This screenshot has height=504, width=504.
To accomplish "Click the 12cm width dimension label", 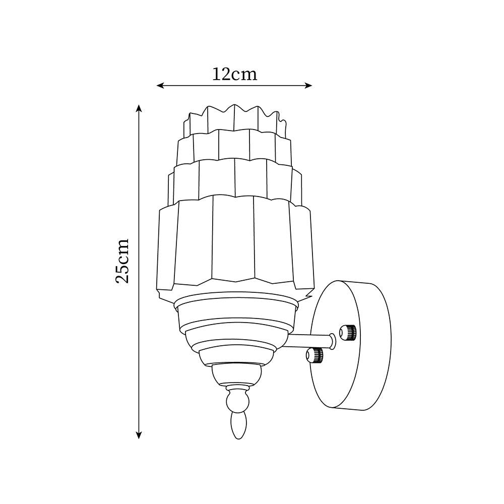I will (234, 74).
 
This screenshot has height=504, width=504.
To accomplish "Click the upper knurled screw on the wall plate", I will (348, 332).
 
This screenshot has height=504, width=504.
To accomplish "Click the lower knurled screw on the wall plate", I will (315, 355).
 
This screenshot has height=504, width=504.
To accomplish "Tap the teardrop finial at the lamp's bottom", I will (237, 424).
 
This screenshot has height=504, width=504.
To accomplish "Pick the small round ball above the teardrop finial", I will (237, 402).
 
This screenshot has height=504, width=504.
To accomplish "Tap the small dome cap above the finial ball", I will (237, 373).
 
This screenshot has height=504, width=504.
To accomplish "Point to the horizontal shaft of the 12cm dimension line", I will (202, 86).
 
